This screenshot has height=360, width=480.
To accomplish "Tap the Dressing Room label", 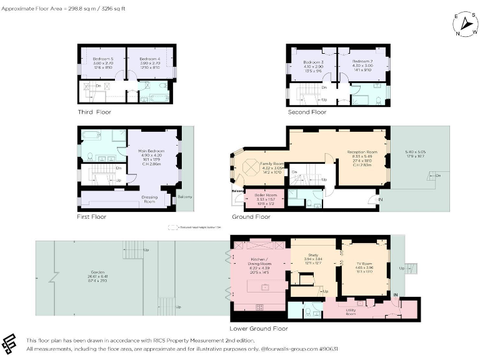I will (x=149, y=199).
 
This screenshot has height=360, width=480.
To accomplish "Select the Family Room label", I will (x=272, y=163).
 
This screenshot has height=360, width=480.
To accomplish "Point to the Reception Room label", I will (x=362, y=152).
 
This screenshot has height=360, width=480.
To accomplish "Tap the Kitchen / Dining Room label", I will (x=259, y=261).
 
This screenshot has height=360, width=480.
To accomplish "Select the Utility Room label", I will (x=351, y=311).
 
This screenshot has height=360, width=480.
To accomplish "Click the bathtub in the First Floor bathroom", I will (x=91, y=134).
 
